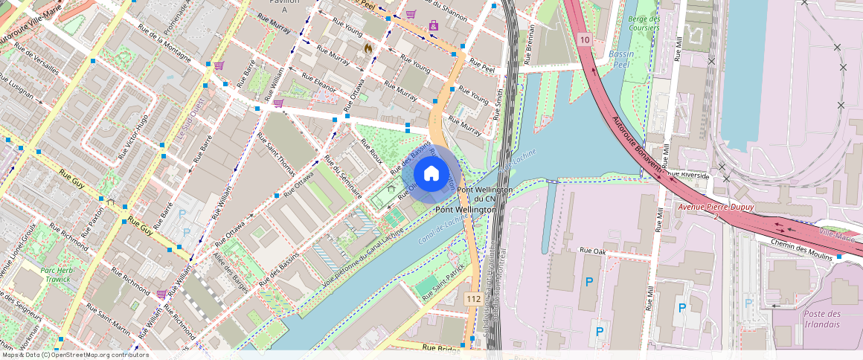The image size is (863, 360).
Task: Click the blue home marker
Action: click(431, 174)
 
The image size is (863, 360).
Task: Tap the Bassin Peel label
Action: click(621, 59)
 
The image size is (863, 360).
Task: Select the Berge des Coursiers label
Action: click(644, 23)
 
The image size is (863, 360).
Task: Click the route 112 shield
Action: click(472, 298)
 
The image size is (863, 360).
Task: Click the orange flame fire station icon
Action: click(367, 48)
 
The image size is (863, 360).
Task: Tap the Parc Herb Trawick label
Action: click(57, 274)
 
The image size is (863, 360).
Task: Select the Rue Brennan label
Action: click(530, 44)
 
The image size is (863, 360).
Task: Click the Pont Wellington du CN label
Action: click(484, 194)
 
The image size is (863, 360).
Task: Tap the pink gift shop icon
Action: click(434, 27)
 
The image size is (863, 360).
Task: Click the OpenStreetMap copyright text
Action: click(74, 355)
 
